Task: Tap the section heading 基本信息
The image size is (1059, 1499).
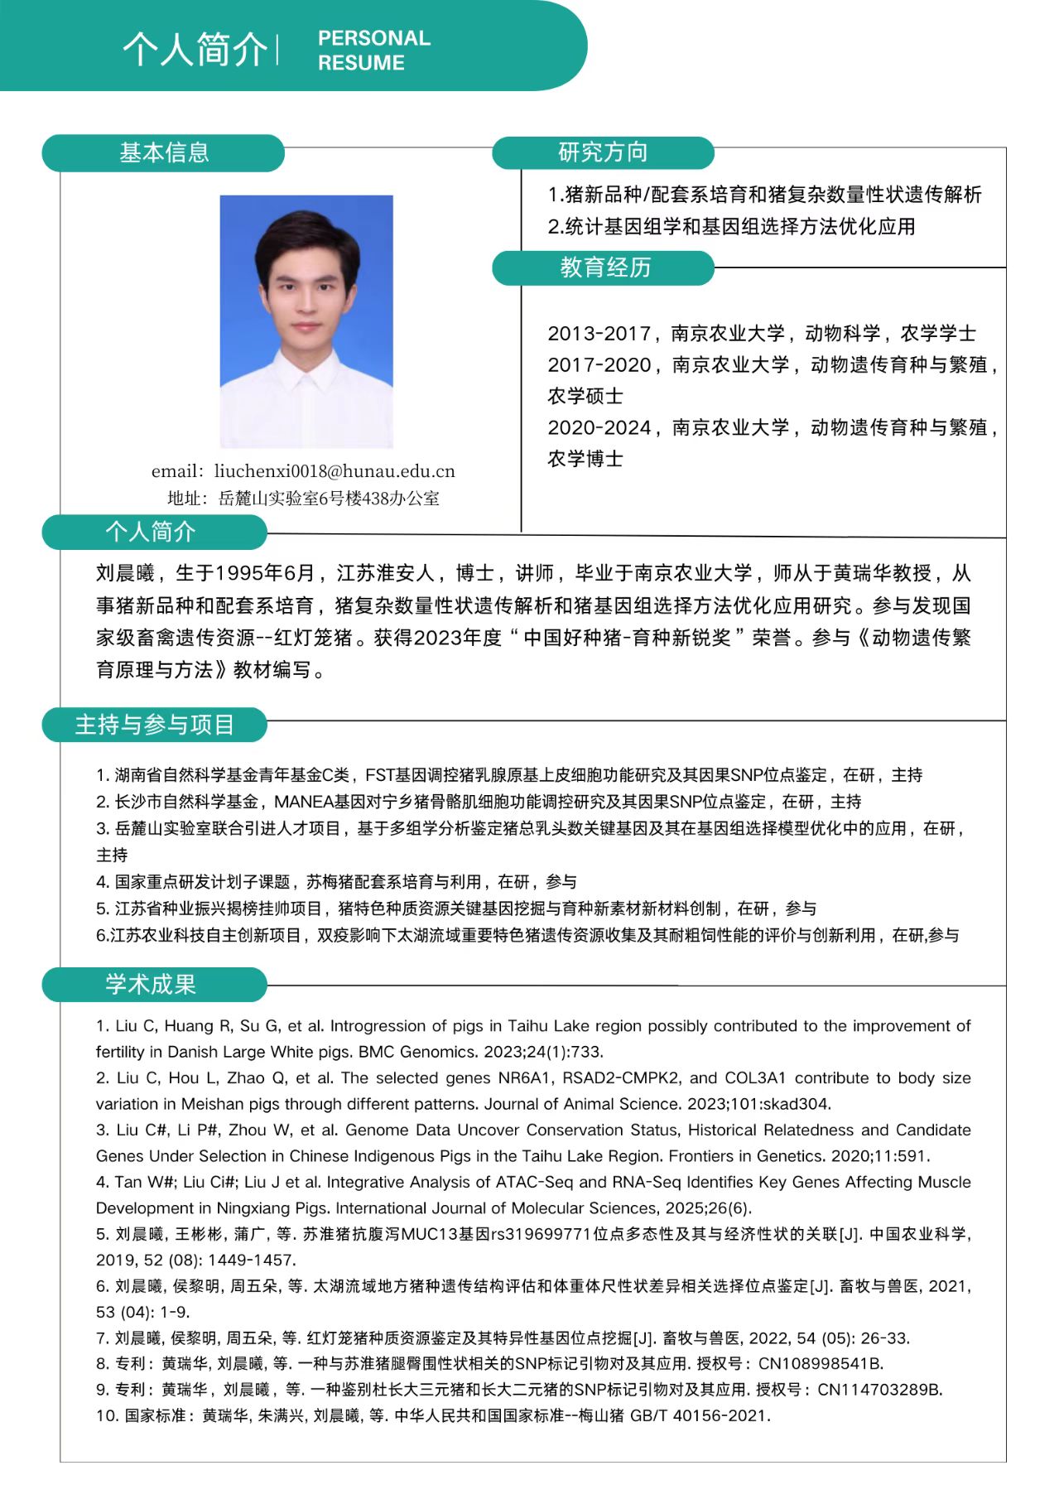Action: [x=164, y=153]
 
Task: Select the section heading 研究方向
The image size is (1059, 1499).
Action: [x=603, y=153]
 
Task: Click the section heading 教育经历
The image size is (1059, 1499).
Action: [x=605, y=268]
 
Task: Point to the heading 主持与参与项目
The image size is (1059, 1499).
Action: [x=155, y=725]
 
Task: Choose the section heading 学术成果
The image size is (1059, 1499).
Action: [x=151, y=984]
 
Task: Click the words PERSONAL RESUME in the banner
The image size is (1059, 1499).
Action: [x=373, y=50]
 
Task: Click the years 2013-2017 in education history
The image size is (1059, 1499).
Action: [x=599, y=334]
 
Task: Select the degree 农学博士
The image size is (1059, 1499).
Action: [x=585, y=459]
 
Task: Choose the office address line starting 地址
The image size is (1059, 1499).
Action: [x=303, y=499]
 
